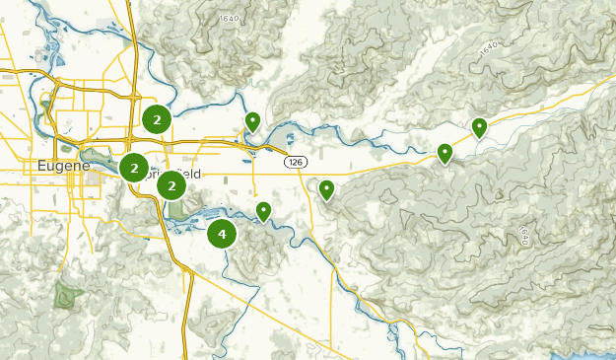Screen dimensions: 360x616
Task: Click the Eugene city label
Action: pyautogui.click(x=63, y=165)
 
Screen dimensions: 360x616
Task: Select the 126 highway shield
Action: pyautogui.click(x=295, y=161)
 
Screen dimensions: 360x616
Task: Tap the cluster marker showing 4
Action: pyautogui.click(x=222, y=234)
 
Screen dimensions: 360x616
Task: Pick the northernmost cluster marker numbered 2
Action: pyautogui.click(x=156, y=119)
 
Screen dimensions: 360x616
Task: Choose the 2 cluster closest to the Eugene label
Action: pyautogui.click(x=134, y=168)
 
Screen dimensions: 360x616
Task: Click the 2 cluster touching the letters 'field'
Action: pyautogui.click(x=171, y=184)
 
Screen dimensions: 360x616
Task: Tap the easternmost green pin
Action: pyautogui.click(x=479, y=126)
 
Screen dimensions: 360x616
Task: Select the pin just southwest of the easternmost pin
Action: pyautogui.click(x=445, y=153)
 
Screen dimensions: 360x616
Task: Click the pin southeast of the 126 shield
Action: pyautogui.click(x=326, y=188)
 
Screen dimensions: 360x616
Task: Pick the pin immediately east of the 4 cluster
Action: pyautogui.click(x=263, y=211)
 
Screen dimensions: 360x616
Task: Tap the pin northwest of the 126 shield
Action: pyautogui.click(x=252, y=121)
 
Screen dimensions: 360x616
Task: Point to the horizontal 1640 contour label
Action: pyautogui.click(x=230, y=18)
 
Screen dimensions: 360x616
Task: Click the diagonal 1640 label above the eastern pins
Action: pyautogui.click(x=490, y=49)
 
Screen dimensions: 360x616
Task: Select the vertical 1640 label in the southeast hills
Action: pyautogui.click(x=523, y=236)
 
